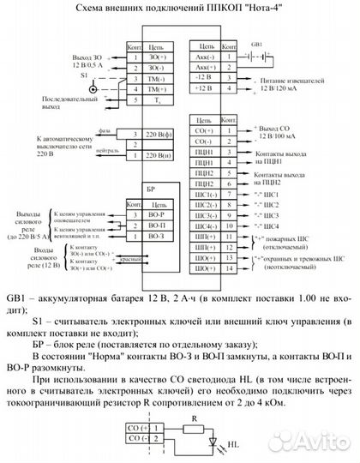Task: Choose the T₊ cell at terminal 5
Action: pyautogui.click(x=157, y=101)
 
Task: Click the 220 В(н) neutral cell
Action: pyautogui.click(x=158, y=155)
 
